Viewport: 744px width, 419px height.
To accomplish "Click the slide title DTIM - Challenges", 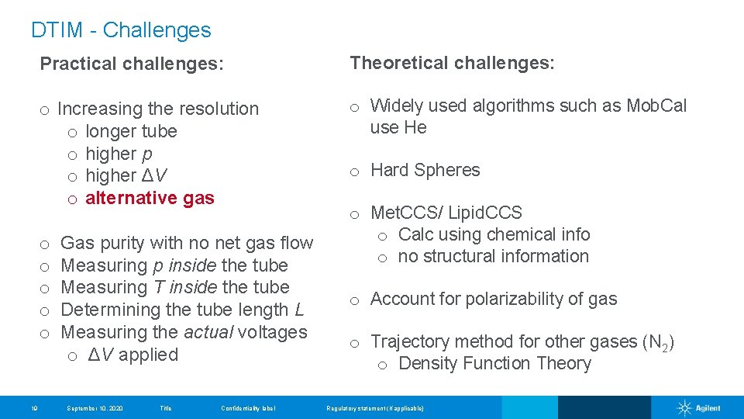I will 121,30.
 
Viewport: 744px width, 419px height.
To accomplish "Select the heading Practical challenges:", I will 131,64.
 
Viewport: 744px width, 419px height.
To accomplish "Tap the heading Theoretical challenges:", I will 452,63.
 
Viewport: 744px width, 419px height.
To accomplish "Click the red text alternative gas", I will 150,198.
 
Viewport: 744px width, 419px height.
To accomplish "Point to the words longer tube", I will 131,131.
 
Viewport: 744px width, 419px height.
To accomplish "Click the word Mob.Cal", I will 656,106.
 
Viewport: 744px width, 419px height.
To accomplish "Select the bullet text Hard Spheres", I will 425,170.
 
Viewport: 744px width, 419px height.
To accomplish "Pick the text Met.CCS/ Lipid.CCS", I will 446,213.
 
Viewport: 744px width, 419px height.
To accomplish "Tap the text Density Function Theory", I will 494,363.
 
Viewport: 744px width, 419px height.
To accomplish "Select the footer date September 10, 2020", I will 95,408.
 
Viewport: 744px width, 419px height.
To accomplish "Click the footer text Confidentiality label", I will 248,408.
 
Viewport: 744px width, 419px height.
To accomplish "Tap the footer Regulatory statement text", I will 375,408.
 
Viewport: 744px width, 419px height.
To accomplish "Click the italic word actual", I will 208,332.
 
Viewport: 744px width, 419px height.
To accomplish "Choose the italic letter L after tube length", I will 298,310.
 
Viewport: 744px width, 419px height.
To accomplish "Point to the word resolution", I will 219,109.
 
